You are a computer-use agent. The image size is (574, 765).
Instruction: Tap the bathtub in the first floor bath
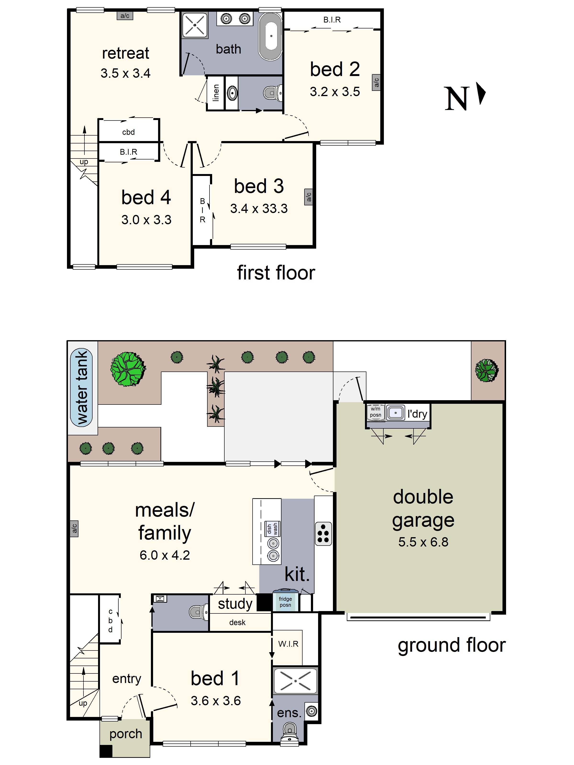tap(271, 36)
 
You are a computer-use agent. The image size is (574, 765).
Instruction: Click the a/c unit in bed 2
tap(376, 82)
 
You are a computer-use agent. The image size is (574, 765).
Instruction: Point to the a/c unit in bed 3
tap(308, 197)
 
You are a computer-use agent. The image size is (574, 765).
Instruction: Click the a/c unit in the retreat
tap(125, 16)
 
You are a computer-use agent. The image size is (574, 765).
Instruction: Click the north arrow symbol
tap(481, 93)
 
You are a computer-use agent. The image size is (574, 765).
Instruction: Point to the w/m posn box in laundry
tap(375, 412)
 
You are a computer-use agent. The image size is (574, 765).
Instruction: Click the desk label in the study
tap(237, 623)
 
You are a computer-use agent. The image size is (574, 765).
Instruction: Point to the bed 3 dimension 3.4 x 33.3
tap(259, 208)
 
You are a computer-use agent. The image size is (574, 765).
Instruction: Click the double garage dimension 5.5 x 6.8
tap(423, 542)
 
